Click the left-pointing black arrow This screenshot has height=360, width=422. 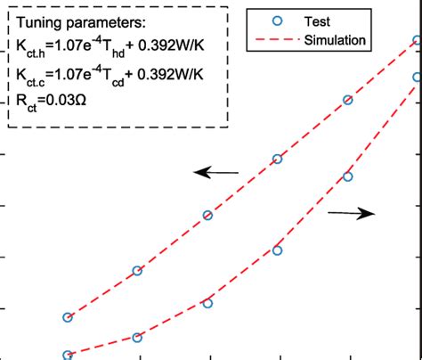click(217, 173)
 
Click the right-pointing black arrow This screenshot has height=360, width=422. click(351, 212)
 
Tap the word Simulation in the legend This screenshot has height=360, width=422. click(339, 39)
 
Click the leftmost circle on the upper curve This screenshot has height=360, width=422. click(68, 317)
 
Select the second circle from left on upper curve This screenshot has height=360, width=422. click(138, 271)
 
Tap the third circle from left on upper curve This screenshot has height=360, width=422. click(208, 215)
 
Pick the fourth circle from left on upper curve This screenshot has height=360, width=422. click(278, 159)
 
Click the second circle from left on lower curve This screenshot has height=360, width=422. click(138, 337)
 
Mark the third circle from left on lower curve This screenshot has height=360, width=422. click(208, 303)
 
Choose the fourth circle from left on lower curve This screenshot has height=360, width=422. click(278, 250)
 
